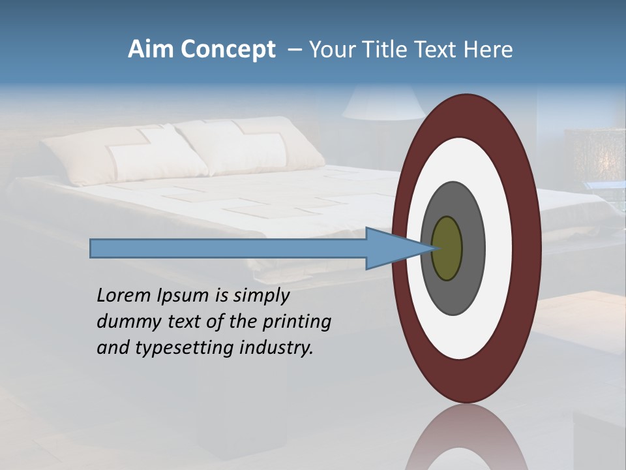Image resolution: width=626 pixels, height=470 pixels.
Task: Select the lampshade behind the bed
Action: pyautogui.click(x=383, y=102)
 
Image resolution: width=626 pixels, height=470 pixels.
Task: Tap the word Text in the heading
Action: pyautogui.click(x=443, y=50)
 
